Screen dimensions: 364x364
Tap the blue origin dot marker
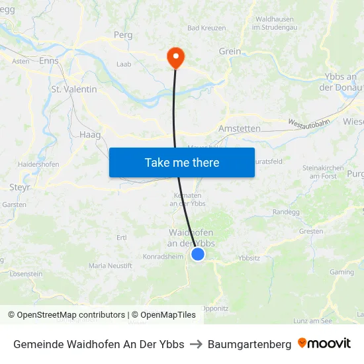197,253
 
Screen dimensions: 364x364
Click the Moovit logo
324,343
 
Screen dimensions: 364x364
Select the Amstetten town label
239,128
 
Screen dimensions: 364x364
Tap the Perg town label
123,34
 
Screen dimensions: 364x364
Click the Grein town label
230,51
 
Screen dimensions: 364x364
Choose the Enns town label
48,60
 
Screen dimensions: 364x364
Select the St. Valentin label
74,89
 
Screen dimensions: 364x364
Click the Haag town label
90,134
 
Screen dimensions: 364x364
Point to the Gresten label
311,231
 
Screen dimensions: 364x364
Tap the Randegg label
286,212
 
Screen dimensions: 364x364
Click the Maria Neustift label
111,265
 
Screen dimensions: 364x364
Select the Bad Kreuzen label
206,28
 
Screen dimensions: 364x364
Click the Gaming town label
341,271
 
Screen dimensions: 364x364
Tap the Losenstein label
26,273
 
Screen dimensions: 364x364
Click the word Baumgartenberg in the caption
250,344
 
